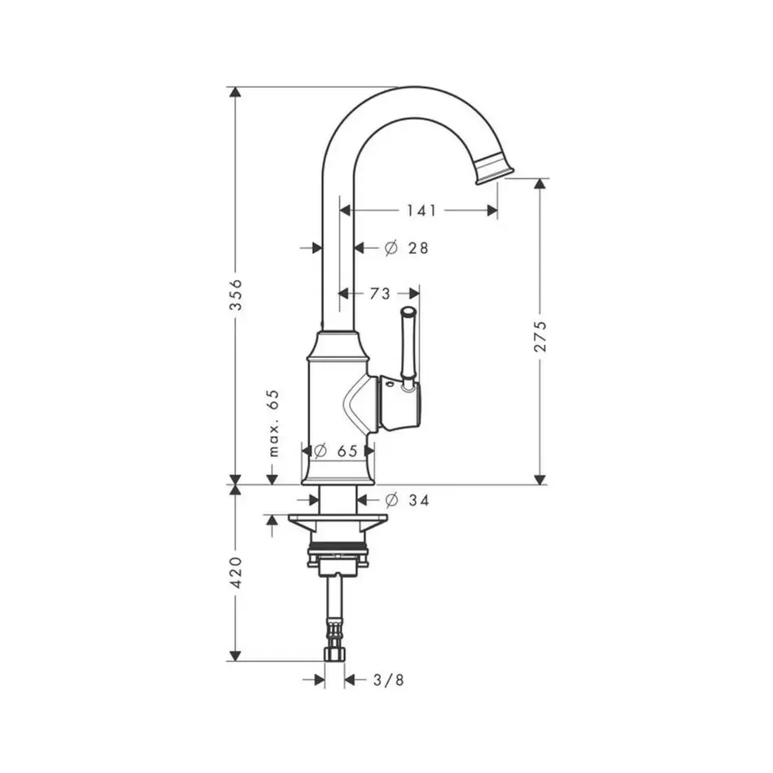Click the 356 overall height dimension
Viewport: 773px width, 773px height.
[x=237, y=295]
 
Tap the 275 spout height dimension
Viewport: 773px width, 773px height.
[x=541, y=336]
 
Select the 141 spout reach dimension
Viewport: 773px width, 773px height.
[x=421, y=211]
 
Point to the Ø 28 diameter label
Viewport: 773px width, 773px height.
[x=406, y=248]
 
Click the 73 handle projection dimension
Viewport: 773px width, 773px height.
[x=380, y=294]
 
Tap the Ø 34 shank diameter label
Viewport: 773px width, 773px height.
[x=407, y=500]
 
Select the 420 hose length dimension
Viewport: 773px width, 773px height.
[x=237, y=572]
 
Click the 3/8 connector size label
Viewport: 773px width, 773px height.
[x=389, y=680]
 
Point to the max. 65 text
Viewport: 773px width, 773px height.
[x=273, y=423]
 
